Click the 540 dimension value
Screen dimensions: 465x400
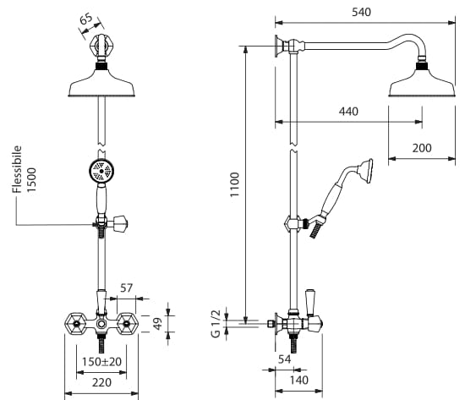[x=361, y=12]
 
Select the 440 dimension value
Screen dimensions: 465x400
[x=348, y=112]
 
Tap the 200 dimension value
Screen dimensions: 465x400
[x=422, y=148]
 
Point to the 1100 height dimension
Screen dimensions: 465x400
[x=234, y=184]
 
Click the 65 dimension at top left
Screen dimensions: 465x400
[x=86, y=19]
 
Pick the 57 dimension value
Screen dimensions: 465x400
[x=126, y=288]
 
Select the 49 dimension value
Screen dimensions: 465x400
[x=158, y=323]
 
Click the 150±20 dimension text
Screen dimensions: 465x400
[x=101, y=362]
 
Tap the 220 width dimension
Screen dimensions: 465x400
[x=101, y=382]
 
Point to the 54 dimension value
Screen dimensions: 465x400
[x=284, y=359]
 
